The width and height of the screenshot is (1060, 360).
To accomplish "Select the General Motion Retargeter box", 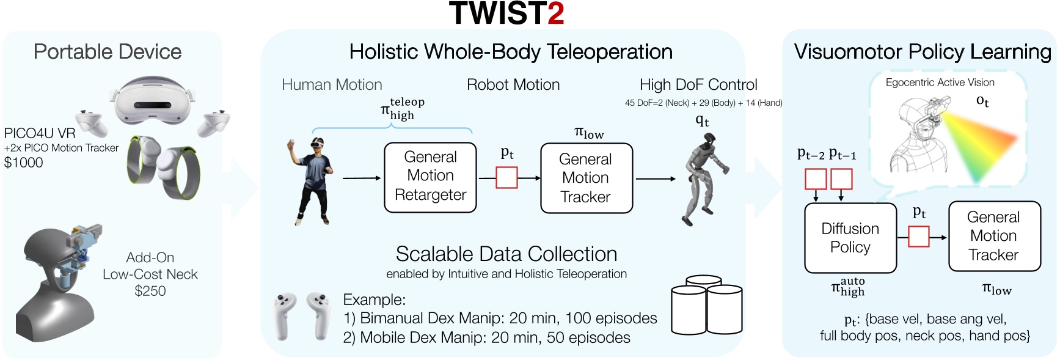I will point(430,177).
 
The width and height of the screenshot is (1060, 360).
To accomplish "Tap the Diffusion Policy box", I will point(850,238).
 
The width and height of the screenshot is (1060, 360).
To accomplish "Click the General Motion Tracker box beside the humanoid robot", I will point(587,178).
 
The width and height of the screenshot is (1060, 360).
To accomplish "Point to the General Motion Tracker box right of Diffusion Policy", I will point(994,237).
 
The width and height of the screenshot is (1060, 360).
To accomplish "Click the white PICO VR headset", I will point(154,101).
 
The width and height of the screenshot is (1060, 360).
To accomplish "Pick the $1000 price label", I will point(24,163).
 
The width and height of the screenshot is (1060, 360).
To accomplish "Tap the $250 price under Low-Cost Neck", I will point(150,291).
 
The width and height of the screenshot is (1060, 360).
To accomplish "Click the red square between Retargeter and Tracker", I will point(506,178).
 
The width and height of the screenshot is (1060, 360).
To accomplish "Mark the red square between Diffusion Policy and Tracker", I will point(918,237).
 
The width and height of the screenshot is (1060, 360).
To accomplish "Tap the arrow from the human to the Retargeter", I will point(362,178).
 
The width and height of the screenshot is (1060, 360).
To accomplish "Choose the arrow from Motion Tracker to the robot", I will point(656,179).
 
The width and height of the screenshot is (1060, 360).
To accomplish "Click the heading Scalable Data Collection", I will point(506,254).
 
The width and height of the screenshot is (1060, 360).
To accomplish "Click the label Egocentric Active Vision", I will point(940,83).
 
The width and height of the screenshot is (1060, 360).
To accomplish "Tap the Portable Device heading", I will point(108,52).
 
